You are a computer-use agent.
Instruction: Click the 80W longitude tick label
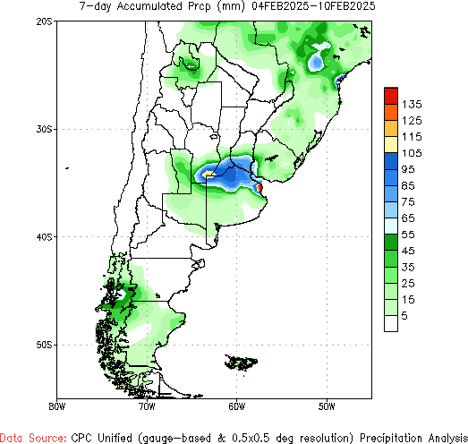pyautogui.click(x=57, y=405)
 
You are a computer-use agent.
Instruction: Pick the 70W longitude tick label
pyautogui.click(x=147, y=405)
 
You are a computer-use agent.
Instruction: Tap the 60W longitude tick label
pyautogui.click(x=236, y=405)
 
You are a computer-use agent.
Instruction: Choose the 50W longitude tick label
pyautogui.click(x=326, y=405)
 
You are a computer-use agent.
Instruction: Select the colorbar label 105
pyautogui.click(x=412, y=153)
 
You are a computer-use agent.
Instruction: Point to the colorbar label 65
pyautogui.click(x=412, y=218)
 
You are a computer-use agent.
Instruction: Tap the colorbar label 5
pyautogui.click(x=405, y=315)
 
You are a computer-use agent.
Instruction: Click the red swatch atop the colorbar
pyautogui.click(x=390, y=94)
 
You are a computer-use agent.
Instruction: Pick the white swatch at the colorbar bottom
pyautogui.click(x=390, y=324)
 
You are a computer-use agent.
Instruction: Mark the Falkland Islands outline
pyautogui.click(x=242, y=363)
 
